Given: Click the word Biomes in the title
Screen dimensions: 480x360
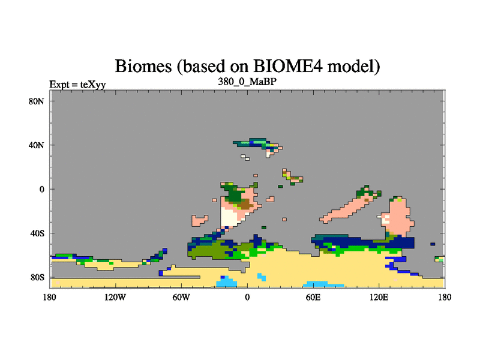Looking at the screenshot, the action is (x=143, y=66).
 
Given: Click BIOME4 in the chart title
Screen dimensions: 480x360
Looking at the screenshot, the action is (x=288, y=65).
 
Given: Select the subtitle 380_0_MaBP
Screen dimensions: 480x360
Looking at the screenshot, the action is (x=247, y=82).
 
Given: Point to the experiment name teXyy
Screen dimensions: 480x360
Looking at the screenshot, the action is (x=93, y=85).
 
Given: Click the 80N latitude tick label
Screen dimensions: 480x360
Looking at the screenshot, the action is (x=37, y=101).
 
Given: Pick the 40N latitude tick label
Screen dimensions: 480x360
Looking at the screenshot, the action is (x=37, y=145).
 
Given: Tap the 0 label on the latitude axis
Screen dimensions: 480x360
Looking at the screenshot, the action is (x=41, y=189).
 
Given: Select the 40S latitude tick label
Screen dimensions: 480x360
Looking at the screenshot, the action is (x=37, y=233).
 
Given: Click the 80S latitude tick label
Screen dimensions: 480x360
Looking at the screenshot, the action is (x=37, y=277).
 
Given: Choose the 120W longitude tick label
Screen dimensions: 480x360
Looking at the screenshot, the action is (x=115, y=297).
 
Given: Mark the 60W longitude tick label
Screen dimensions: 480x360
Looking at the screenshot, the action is (x=181, y=297).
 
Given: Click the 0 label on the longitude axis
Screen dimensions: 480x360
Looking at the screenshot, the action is (x=247, y=297).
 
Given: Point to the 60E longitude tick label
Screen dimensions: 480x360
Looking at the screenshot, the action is (x=313, y=297).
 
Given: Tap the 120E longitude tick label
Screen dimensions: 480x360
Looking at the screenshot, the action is (x=379, y=297).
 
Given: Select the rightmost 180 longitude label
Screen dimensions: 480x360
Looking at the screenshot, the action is (x=445, y=297).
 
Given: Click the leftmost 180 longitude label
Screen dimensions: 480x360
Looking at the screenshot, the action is (x=50, y=297).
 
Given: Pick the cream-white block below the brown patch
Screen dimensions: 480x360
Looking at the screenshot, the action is (x=230, y=217).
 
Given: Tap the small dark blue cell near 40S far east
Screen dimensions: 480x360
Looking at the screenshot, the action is (x=433, y=244).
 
